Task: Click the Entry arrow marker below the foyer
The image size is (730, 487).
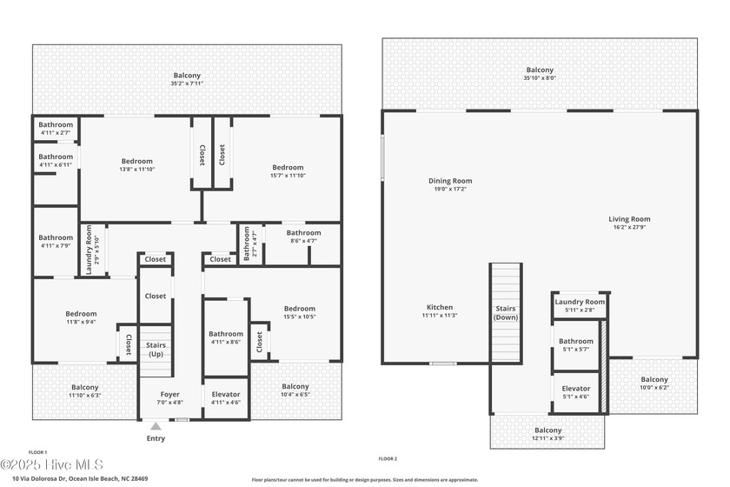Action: click(156, 426)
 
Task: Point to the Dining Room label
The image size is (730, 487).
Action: click(449, 181)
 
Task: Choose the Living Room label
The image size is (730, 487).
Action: click(629, 219)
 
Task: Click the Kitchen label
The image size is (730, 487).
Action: click(440, 307)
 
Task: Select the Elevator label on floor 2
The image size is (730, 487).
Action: click(576, 388)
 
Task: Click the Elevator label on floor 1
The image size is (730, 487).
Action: click(226, 394)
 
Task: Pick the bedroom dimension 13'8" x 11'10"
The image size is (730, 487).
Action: click(136, 170)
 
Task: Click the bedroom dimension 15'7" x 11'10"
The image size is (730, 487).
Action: click(288, 176)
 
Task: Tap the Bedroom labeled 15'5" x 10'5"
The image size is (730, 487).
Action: click(299, 308)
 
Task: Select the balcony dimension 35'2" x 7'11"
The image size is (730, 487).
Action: click(186, 83)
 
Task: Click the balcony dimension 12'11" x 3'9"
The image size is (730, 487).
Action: click(547, 438)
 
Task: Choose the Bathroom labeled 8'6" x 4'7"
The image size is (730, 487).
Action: click(304, 232)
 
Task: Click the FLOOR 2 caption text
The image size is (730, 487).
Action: click(388, 458)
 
